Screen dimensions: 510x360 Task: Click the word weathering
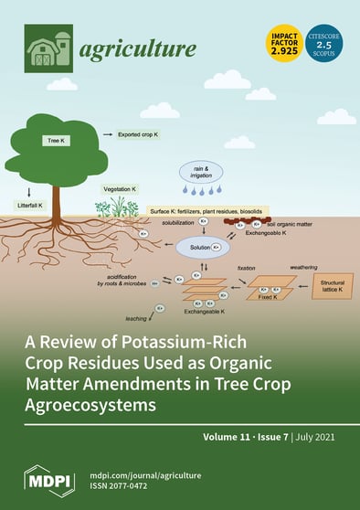[302, 268]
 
